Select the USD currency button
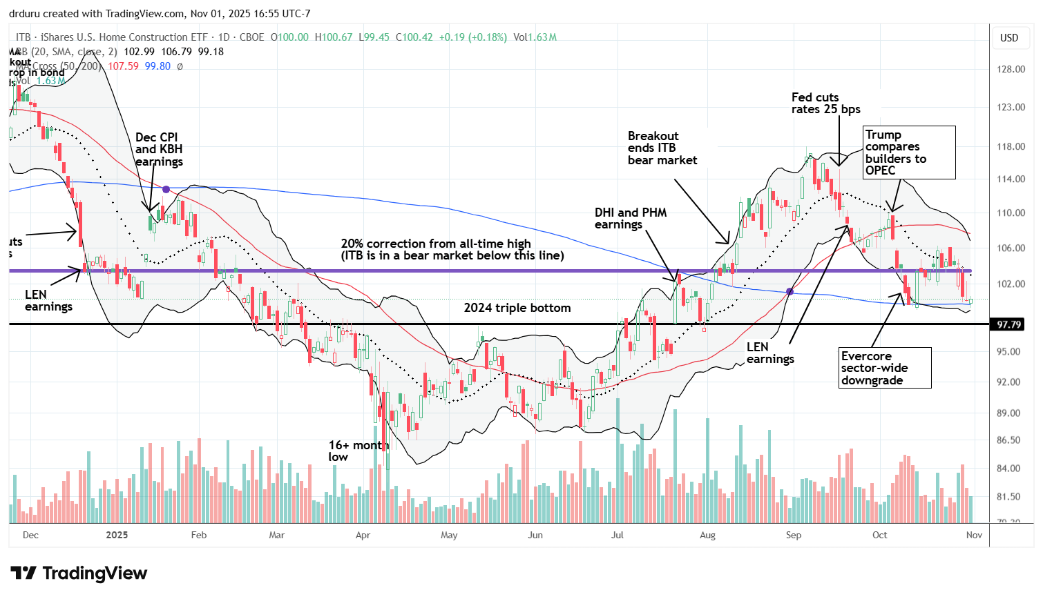[1009, 38]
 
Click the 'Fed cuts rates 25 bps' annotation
[825, 104]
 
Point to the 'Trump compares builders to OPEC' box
[909, 153]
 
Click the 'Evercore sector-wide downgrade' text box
[884, 369]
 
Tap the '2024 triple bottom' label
[517, 308]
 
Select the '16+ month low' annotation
[358, 451]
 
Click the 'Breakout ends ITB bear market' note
[662, 148]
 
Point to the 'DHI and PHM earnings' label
[630, 219]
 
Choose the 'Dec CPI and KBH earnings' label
[159, 150]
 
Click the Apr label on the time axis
[363, 535]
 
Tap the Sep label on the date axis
[793, 535]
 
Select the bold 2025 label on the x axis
[117, 535]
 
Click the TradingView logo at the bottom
[79, 573]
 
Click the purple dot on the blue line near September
[790, 292]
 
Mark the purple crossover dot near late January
[166, 189]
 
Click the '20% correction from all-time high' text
[436, 244]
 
